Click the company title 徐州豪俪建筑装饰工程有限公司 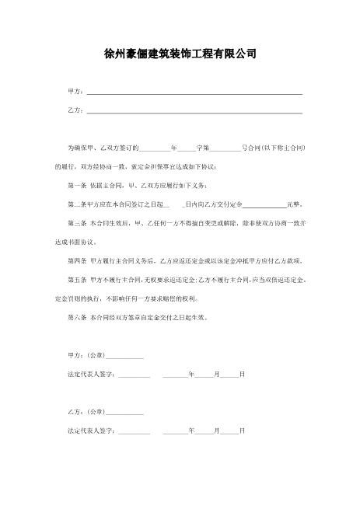pyautogui.click(x=180, y=55)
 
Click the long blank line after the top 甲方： pyautogui.click(x=194, y=93)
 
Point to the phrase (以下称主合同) pyautogui.click(x=283, y=148)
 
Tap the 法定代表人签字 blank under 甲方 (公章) pyautogui.click(x=134, y=375)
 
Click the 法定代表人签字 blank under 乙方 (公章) pyautogui.click(x=134, y=431)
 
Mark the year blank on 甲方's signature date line pyautogui.click(x=176, y=375)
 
